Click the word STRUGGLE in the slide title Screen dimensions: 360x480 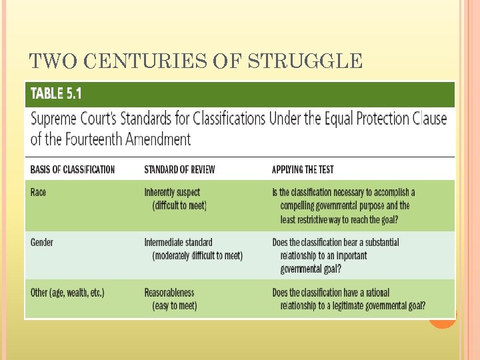305,62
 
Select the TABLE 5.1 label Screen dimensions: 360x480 56,93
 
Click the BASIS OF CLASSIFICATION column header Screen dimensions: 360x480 73,169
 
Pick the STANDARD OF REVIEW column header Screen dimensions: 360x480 179,169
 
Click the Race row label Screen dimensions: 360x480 39,192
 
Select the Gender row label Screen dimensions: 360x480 42,242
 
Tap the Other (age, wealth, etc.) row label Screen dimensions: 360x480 67,292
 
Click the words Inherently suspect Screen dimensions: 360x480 171,192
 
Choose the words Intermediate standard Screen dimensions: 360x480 178,242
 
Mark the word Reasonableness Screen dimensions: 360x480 169,292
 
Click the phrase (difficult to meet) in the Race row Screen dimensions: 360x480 179,205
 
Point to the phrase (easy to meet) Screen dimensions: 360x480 175,306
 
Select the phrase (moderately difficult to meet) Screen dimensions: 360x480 197,255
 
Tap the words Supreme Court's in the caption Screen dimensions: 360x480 71,119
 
